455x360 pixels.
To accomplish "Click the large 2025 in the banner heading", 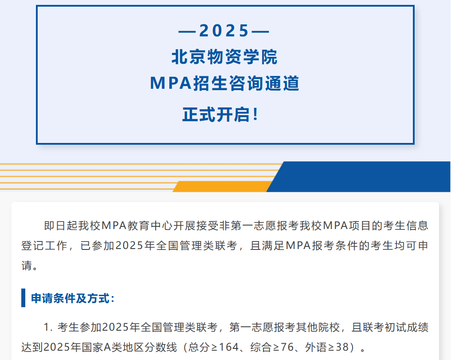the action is click(224, 31).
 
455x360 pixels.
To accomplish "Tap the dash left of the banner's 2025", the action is click(187, 31).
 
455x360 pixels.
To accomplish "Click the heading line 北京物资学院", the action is click(224, 57).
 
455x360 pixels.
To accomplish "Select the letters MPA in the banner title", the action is click(171, 83).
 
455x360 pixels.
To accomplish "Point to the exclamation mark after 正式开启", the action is click(255, 114).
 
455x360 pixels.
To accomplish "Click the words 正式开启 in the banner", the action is click(216, 115).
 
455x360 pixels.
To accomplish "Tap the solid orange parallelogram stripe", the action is click(223, 186).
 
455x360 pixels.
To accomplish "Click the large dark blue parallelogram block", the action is click(359, 177).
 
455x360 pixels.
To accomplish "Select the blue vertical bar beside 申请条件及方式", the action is click(23, 298).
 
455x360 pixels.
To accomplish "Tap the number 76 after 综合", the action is click(287, 347).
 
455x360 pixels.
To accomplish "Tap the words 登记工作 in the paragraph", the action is click(44, 245).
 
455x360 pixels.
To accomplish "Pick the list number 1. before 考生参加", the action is click(48, 327).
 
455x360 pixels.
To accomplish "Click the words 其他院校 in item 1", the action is click(318, 327).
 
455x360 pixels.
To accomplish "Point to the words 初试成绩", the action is click(407, 327).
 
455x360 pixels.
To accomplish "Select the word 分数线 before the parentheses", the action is click(161, 347).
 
